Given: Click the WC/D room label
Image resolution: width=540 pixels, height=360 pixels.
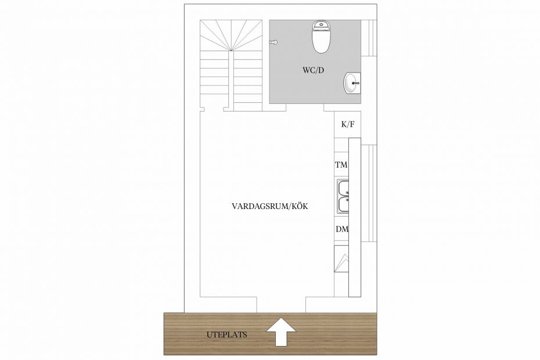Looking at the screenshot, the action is pos(313,70).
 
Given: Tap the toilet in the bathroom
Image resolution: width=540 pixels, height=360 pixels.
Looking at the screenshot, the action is pos(321,37).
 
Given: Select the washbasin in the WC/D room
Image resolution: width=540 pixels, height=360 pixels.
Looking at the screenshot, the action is pos(352,83).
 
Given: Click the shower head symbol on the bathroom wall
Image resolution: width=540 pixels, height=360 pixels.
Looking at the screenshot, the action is pos(273,42).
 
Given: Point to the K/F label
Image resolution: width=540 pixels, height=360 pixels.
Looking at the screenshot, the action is pos(347,124).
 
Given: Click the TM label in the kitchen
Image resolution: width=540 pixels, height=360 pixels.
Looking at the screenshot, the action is pos(341,165).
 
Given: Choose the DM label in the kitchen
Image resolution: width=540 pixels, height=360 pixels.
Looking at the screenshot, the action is pos(342,229).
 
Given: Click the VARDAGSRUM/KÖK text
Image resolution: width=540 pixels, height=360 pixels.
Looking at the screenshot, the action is pos(269,206).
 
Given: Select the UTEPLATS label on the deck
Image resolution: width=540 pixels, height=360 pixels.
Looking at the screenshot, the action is pos(227,334).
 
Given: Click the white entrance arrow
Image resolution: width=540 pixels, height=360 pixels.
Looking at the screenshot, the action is pos(281,332).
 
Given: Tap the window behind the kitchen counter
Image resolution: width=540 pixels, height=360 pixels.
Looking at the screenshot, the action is pos(369,193).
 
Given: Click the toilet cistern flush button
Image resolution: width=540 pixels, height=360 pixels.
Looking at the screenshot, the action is pos(321,24).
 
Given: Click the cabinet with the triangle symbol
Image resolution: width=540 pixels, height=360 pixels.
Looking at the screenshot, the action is pos(341,259).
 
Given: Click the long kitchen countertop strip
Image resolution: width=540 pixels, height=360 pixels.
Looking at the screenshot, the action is pos(355,217).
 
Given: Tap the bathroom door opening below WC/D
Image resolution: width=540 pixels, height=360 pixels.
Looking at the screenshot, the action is pos(305,107).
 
